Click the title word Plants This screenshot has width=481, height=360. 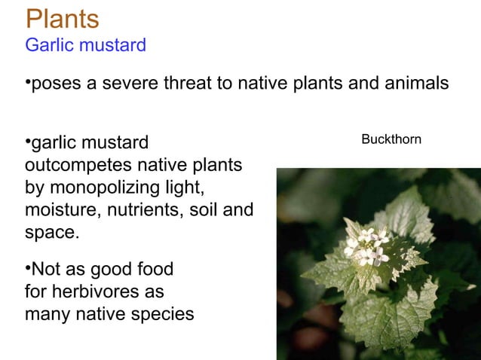point(62,18)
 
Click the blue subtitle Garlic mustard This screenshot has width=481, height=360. point(85,45)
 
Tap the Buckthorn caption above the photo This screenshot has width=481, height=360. point(391,139)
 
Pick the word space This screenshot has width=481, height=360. point(51,232)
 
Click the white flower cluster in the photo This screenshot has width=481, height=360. point(367,246)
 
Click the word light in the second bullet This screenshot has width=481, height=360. point(187,186)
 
